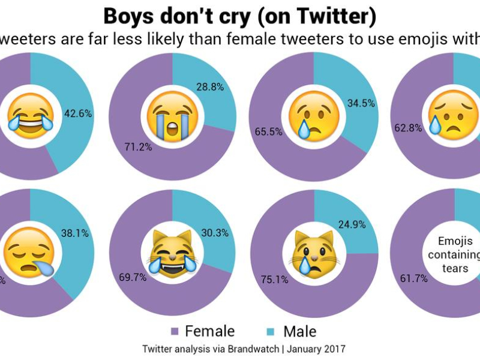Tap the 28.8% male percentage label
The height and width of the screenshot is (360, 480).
click(210, 87)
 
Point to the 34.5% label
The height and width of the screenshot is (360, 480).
click(361, 103)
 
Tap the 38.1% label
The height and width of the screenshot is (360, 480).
click(75, 233)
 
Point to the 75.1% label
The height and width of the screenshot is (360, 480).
click(274, 280)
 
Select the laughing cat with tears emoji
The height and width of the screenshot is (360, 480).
click(172, 254)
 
